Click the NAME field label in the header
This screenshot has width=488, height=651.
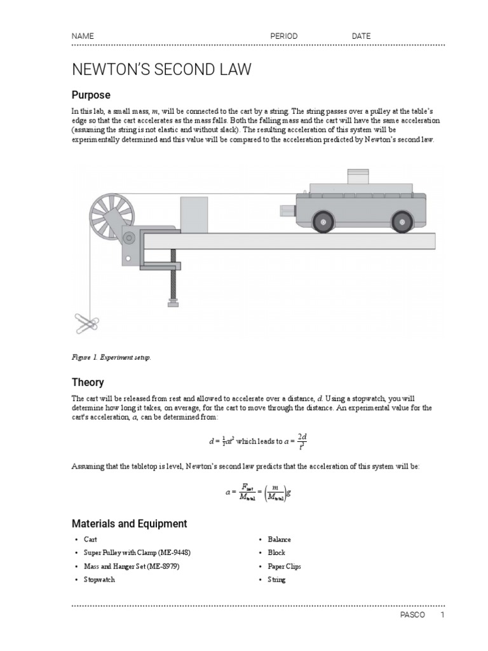tap(83, 36)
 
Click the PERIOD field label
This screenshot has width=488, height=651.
tap(283, 36)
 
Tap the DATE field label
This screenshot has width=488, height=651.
tap(361, 36)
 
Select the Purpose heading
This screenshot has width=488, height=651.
tap(90, 95)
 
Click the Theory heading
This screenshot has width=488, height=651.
tap(88, 382)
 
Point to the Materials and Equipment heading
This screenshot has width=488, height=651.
tap(129, 524)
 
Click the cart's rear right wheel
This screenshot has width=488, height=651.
tap(402, 221)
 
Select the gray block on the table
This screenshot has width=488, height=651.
tap(194, 215)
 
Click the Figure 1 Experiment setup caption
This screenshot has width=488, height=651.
tap(111, 357)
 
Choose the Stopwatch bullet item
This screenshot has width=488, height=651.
tap(99, 580)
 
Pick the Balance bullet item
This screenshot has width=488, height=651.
tap(279, 539)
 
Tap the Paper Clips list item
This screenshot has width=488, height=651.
tap(284, 566)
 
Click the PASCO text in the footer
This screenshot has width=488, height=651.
tap(409, 615)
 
